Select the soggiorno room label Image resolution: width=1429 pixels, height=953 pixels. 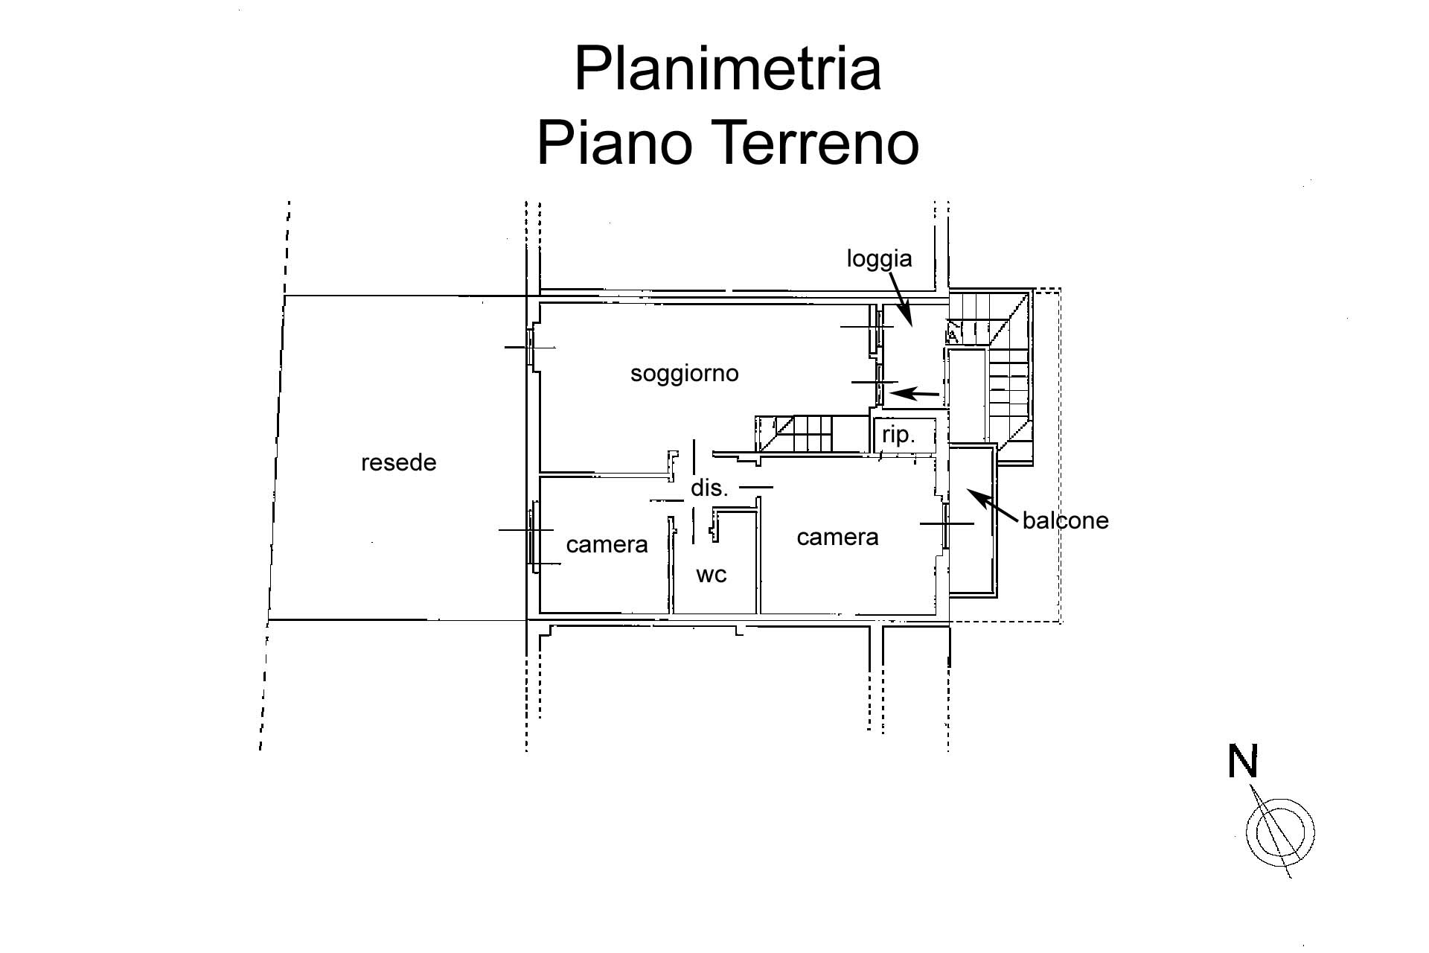(x=684, y=373)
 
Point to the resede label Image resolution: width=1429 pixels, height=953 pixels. (x=398, y=463)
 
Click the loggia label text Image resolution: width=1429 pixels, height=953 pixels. (x=879, y=258)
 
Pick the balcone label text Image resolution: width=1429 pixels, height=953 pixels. (x=1065, y=520)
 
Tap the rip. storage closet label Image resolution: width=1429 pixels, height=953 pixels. (x=898, y=435)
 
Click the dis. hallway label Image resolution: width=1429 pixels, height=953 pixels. (x=709, y=488)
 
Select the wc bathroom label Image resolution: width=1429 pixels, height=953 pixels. (x=711, y=574)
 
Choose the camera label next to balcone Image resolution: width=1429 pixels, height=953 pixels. (x=837, y=537)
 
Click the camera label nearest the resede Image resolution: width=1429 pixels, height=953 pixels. (x=607, y=545)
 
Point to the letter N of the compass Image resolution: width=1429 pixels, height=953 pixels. (x=1242, y=762)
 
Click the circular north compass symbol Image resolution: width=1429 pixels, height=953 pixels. (x=1280, y=832)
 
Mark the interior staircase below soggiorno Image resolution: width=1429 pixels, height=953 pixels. (x=804, y=435)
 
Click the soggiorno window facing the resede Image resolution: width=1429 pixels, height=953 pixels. (x=531, y=348)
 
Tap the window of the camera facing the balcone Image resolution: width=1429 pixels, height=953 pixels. (x=945, y=525)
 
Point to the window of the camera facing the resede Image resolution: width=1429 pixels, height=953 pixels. (x=534, y=536)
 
